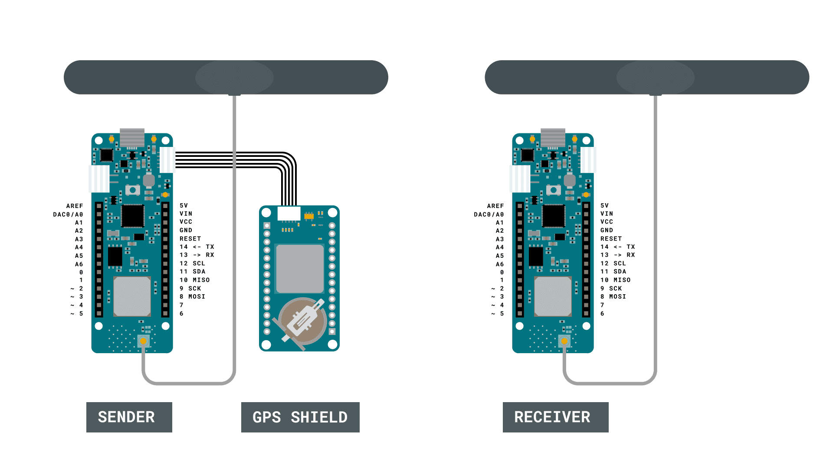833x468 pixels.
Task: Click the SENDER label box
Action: [x=129, y=417]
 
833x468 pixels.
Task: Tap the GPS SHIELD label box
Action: [x=300, y=417]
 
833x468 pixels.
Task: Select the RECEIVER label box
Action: [x=555, y=417]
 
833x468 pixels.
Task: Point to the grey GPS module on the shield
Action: [x=300, y=269]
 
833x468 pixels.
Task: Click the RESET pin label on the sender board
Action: [x=190, y=239]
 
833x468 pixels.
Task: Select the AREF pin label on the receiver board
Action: [x=495, y=206]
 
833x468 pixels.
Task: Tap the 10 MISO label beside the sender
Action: [x=194, y=280]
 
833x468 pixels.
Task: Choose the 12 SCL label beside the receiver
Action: [x=613, y=263]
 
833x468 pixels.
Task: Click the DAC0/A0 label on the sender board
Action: [x=68, y=214]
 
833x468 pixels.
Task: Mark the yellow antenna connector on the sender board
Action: [x=144, y=341]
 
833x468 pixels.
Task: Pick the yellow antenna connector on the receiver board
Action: [x=564, y=341]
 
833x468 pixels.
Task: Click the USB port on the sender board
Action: [x=132, y=137]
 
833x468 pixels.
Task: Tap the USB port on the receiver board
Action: [x=553, y=137]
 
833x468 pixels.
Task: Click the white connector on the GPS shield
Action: [x=289, y=213]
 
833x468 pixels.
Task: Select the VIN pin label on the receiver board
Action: [x=607, y=214]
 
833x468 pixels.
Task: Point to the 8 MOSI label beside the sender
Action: [x=192, y=297]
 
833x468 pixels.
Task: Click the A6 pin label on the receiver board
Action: [x=500, y=264]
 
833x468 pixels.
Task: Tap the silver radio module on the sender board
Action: [x=132, y=297]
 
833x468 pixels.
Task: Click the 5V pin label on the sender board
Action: [x=184, y=205]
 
